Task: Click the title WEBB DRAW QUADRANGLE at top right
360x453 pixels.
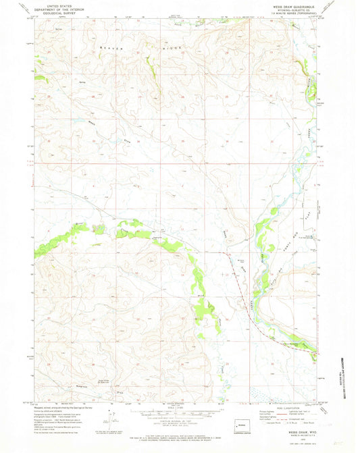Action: (283, 5)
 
